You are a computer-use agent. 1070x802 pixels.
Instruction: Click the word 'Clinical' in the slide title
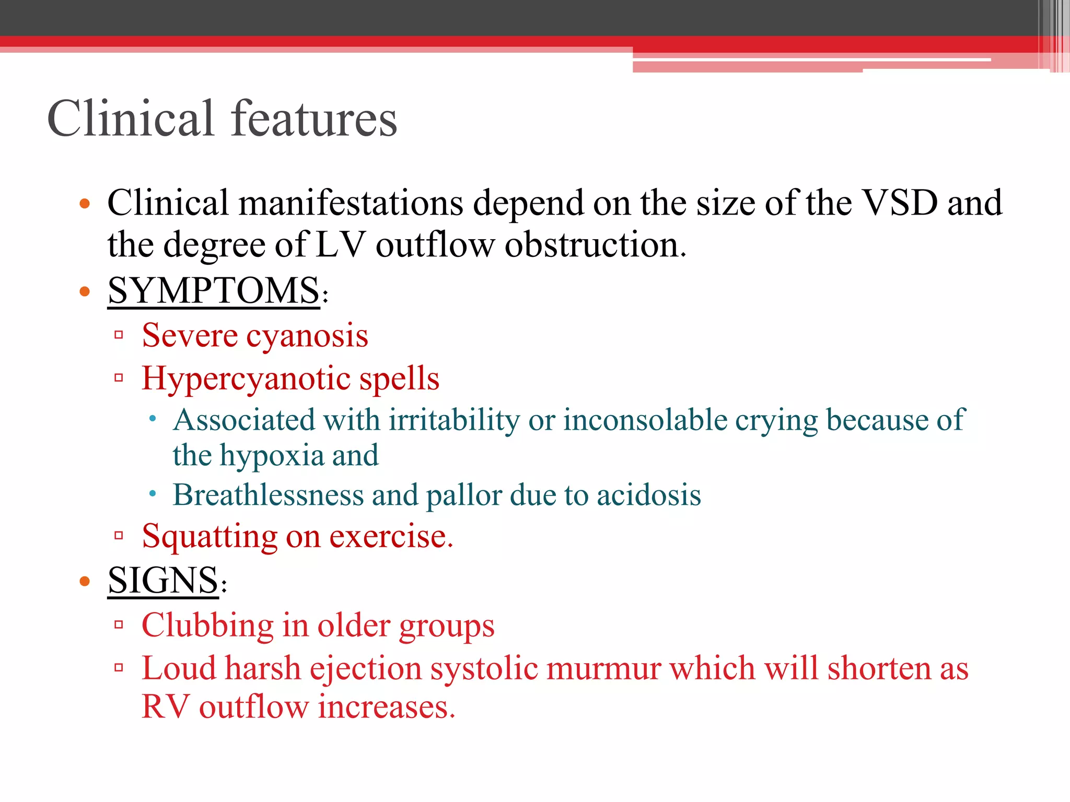[x=131, y=119]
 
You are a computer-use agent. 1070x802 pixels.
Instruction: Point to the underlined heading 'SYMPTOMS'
[x=213, y=290]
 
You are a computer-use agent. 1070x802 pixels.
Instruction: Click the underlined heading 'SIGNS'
[x=163, y=580]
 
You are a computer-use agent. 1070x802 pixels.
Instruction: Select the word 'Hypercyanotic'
[x=246, y=378]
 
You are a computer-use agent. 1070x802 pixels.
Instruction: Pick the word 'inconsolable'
[x=645, y=420]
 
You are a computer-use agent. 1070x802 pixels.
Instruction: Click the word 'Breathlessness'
[x=268, y=494]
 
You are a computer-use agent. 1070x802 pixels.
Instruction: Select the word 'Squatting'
[x=210, y=537]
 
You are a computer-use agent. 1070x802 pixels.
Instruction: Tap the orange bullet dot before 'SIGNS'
[x=85, y=581]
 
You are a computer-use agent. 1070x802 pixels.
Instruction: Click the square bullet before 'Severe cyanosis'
[x=119, y=335]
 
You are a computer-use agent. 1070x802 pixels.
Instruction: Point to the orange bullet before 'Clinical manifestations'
[x=85, y=203]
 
